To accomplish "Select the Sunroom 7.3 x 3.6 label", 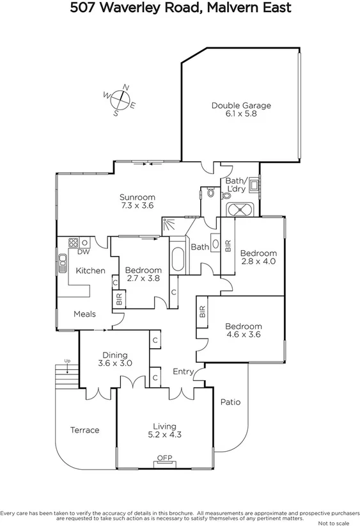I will tap(137, 202).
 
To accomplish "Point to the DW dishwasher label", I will tap(83, 252).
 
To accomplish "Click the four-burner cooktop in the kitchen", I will tap(74, 243).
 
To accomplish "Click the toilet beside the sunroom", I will tap(209, 192).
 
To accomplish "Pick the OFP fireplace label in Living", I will tap(165, 457).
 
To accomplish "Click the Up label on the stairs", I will tap(67, 362).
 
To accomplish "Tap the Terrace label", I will tap(84, 430).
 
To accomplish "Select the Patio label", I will tap(230, 402).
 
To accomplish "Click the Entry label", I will tap(184, 372).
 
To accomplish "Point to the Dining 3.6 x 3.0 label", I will tap(115, 360).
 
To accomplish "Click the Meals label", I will tap(85, 314).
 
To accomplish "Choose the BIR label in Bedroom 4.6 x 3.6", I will tap(203, 312).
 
